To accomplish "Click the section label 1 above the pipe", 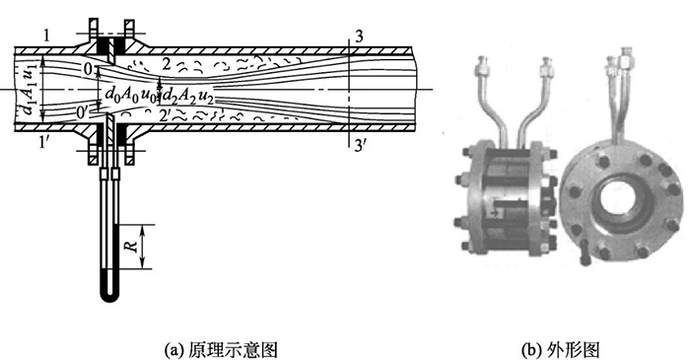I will pyautogui.click(x=45, y=36).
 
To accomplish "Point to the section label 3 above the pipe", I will pyautogui.click(x=361, y=36).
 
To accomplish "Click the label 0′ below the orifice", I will pyautogui.click(x=90, y=112).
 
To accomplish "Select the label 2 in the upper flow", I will pyautogui.click(x=168, y=63).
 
